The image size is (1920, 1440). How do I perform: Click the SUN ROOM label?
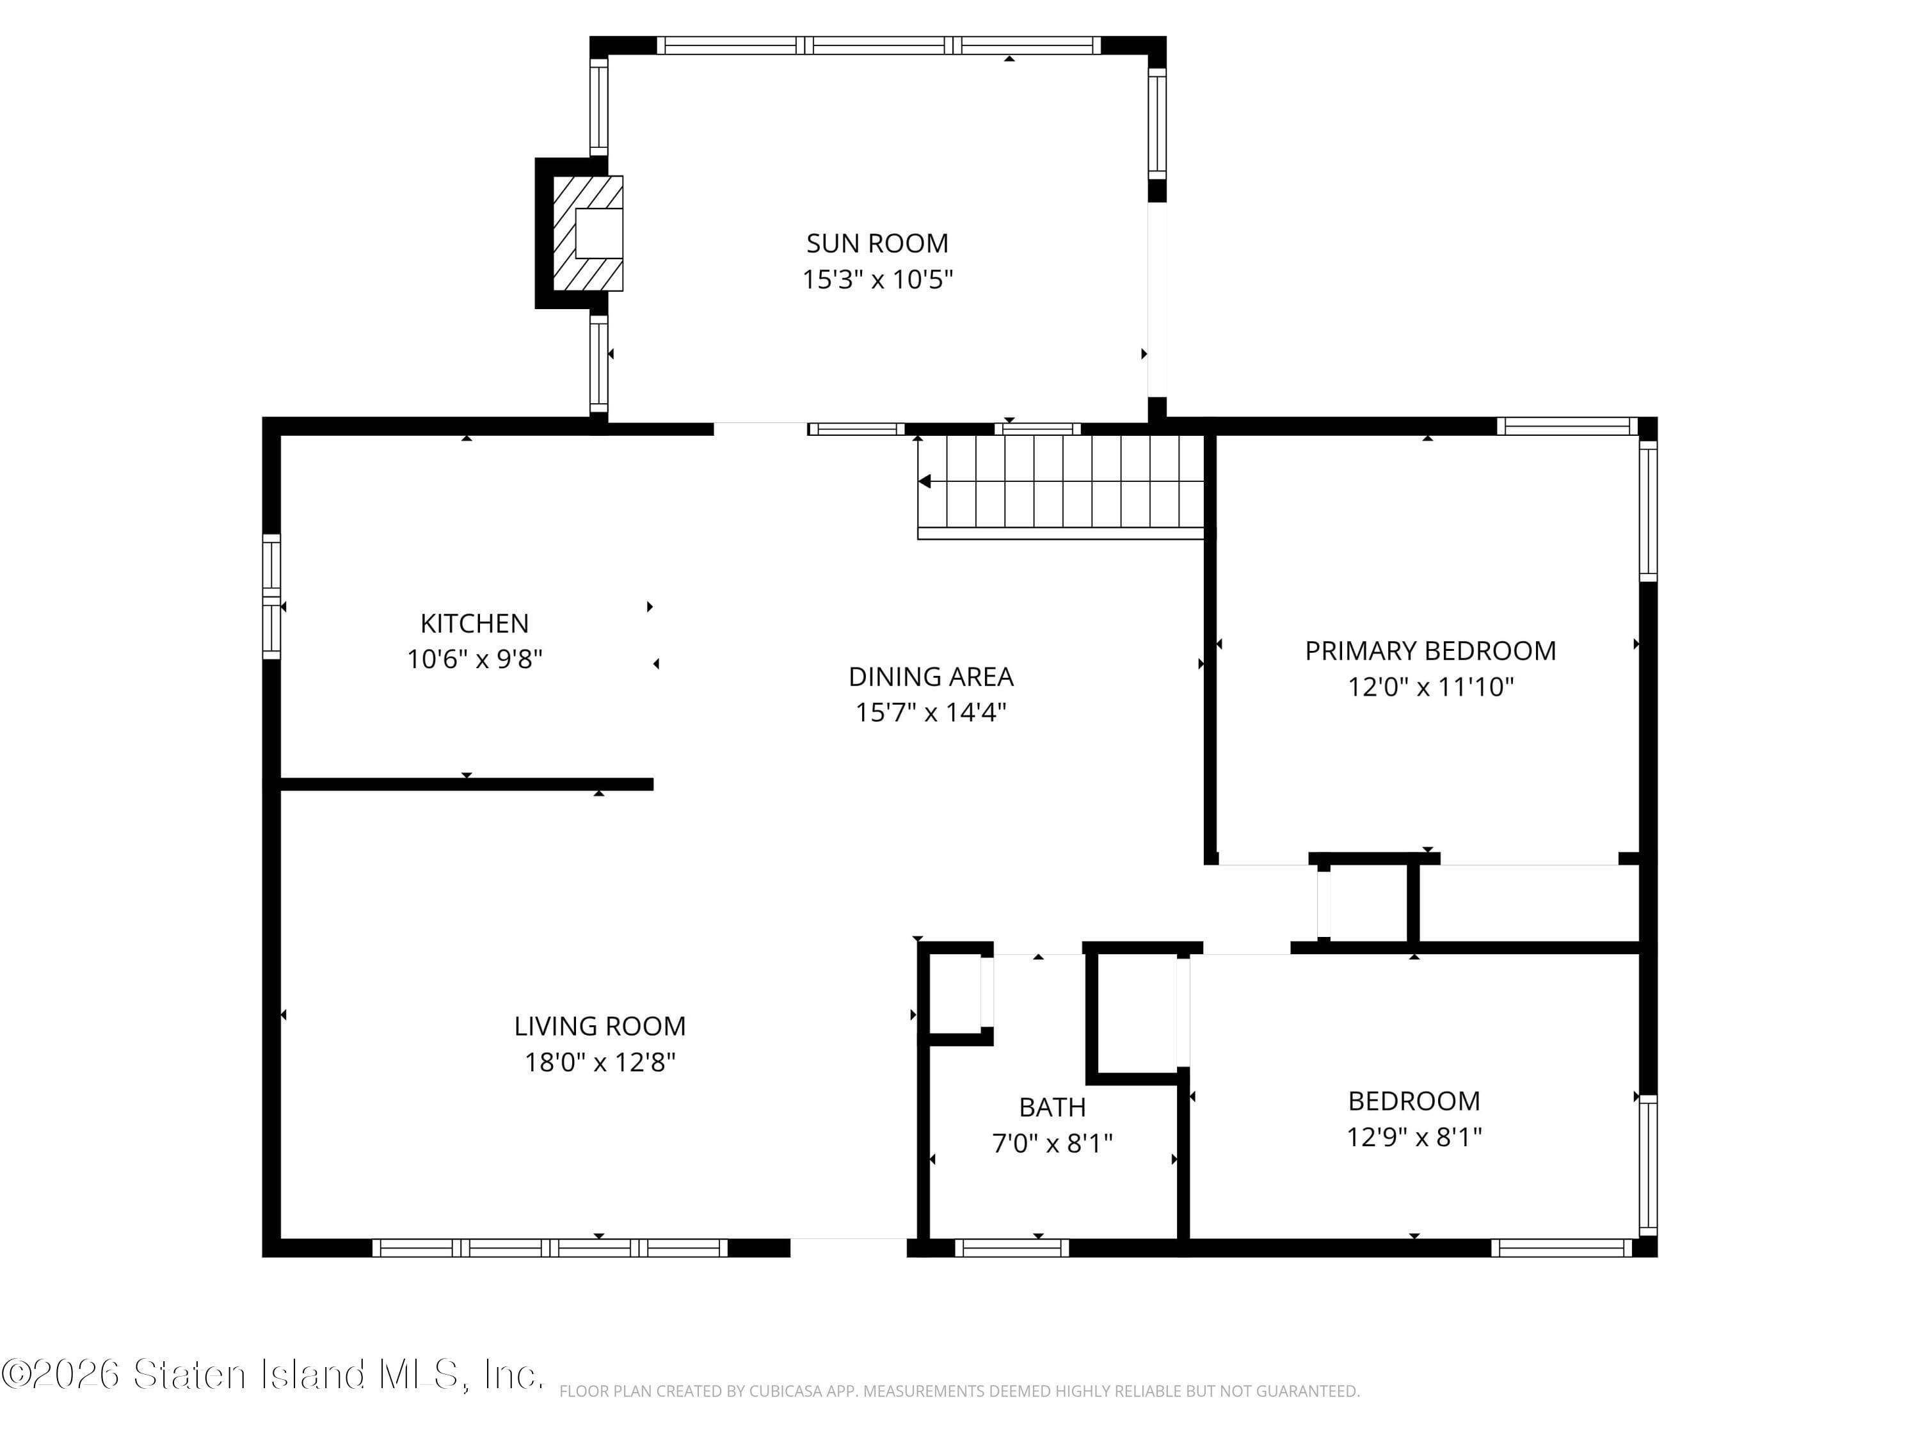coord(877,243)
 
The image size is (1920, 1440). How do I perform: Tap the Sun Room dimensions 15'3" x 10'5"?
coord(877,280)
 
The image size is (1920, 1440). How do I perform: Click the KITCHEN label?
coord(474,623)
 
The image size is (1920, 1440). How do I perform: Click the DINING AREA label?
coord(931,676)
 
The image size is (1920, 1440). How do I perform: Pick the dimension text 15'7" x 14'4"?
coord(931,712)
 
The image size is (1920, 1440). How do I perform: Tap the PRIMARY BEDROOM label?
coord(1430,651)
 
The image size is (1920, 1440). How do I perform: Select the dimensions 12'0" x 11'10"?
coord(1430,687)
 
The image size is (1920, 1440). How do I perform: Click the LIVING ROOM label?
coord(600,1026)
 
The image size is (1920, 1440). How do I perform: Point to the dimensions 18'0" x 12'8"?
coord(600,1062)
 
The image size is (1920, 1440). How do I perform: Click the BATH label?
coord(1052,1108)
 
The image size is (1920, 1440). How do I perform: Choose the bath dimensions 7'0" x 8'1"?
coord(1052,1144)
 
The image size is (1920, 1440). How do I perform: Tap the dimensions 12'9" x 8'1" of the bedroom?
coord(1413,1137)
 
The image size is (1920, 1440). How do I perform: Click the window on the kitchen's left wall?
coord(272,597)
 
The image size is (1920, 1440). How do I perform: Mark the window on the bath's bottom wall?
coord(1012,1248)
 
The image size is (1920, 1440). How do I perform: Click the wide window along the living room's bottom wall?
coord(550,1248)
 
